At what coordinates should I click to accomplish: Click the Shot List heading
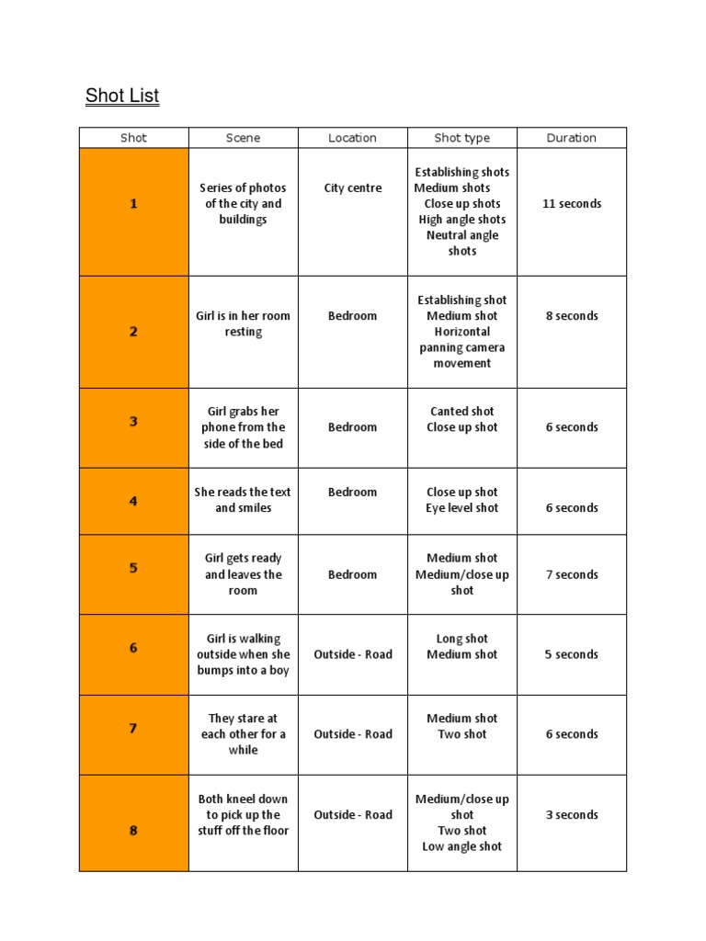coord(122,96)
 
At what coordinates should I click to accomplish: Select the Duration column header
coord(571,138)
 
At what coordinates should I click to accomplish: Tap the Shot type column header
coord(461,138)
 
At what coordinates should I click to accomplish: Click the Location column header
coord(352,138)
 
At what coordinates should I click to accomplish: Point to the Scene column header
coord(243,138)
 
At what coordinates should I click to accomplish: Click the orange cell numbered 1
coord(134,204)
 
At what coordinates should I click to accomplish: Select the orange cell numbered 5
coord(134,568)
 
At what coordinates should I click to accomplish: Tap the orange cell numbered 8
coord(134,831)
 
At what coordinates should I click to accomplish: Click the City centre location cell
coord(352,188)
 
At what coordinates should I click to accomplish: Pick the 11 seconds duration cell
coord(571,204)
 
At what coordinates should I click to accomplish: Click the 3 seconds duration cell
coord(571,815)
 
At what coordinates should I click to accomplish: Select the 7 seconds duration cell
coord(571,574)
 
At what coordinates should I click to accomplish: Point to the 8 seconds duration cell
coord(571,316)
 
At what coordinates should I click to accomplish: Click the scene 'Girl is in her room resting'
coord(243,323)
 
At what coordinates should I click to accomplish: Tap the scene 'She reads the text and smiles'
coord(243,500)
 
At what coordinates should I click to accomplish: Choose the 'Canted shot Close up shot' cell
coord(461,419)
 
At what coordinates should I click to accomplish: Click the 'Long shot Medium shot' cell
coord(461,647)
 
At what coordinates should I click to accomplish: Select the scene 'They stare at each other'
coord(243,734)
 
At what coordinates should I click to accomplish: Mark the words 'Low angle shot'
coord(461,846)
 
